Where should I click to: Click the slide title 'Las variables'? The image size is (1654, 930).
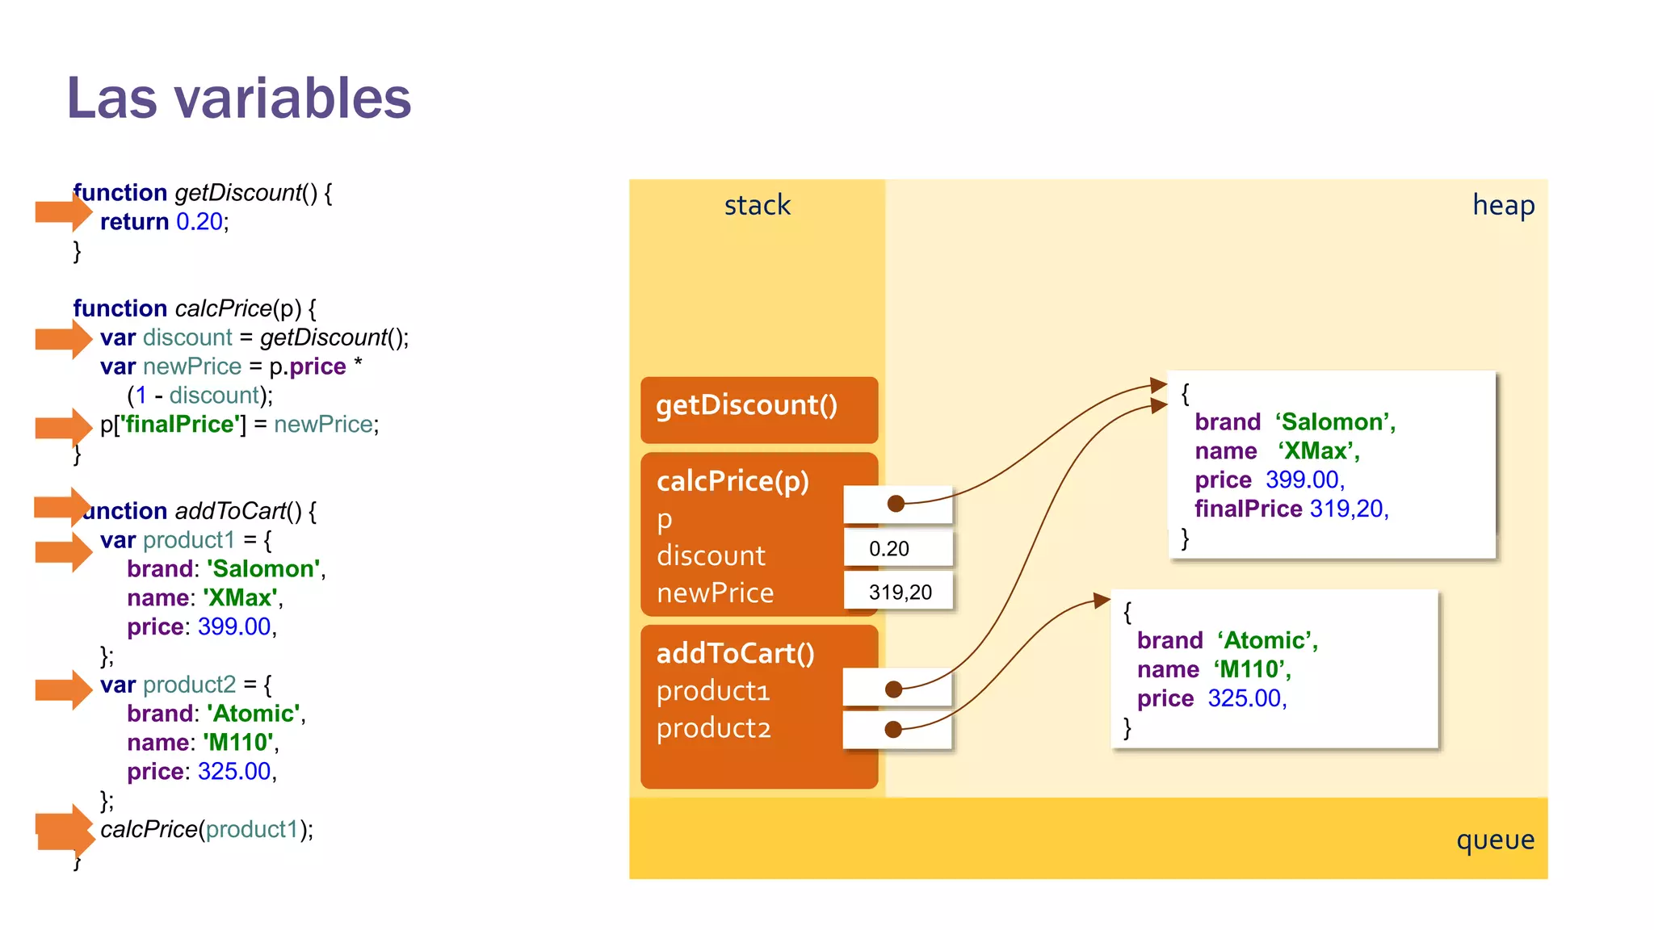(239, 98)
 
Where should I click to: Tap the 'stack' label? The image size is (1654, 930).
(757, 205)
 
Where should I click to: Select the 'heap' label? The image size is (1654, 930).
(1503, 205)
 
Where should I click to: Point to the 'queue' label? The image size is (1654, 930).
(1495, 840)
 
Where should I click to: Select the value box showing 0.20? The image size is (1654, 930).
(897, 549)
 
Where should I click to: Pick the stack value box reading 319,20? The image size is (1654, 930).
(899, 593)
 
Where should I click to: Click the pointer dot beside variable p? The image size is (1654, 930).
(896, 504)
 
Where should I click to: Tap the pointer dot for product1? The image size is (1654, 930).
(893, 689)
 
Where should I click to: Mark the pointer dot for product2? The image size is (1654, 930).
(893, 730)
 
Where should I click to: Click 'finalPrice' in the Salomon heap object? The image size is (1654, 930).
(1248, 509)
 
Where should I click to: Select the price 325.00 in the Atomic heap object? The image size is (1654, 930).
(1245, 698)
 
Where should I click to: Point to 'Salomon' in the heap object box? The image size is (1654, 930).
(1333, 422)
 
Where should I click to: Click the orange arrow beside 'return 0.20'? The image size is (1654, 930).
(64, 212)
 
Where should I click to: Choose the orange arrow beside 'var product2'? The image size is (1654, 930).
(64, 689)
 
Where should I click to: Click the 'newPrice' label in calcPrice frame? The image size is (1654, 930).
(715, 593)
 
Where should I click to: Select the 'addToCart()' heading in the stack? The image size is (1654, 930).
(735, 653)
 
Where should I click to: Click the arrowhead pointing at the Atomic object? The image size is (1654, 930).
(1102, 600)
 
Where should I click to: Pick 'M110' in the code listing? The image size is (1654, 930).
(239, 743)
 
